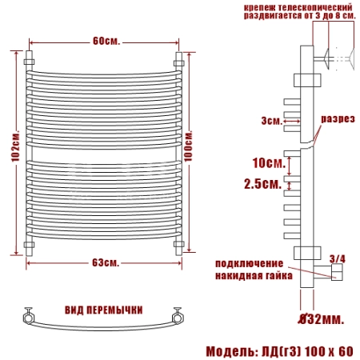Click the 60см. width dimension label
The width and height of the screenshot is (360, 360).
(x=106, y=42)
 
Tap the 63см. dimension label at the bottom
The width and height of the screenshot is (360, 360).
(x=106, y=262)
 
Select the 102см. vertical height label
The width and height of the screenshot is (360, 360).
(x=15, y=146)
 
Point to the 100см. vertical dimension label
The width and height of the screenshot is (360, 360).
(x=188, y=146)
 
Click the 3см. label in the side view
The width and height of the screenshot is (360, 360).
(x=272, y=121)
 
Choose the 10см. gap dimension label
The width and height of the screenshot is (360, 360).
(x=269, y=162)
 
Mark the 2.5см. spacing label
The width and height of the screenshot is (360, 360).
(x=263, y=184)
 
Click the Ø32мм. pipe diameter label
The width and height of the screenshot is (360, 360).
(x=321, y=319)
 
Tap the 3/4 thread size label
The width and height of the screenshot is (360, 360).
(x=338, y=259)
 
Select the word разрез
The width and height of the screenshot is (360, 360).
(x=338, y=119)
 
